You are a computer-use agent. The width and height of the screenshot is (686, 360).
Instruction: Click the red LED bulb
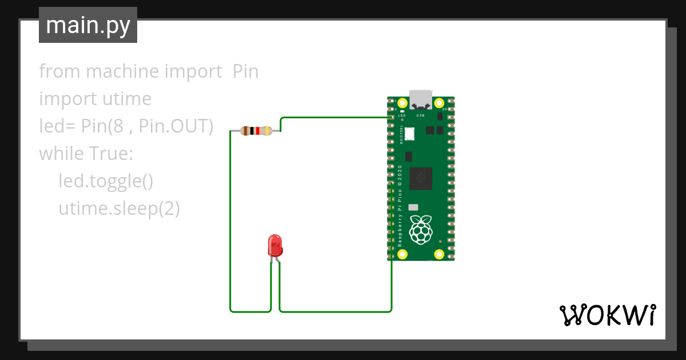click(275, 245)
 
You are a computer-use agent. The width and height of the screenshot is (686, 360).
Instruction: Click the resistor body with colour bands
click(256, 131)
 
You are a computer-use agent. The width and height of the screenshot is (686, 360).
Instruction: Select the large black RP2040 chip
click(420, 178)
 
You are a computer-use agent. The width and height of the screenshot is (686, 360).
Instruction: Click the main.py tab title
click(88, 25)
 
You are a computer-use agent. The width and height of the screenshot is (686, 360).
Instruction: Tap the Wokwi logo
click(607, 315)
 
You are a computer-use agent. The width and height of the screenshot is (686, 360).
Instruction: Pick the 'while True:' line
click(86, 154)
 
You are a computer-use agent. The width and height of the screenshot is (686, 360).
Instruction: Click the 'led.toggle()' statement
click(106, 181)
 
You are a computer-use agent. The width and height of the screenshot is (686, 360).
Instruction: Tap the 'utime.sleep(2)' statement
click(119, 209)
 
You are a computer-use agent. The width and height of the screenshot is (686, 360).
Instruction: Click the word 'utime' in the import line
click(126, 99)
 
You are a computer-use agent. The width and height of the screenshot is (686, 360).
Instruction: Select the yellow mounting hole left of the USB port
click(402, 103)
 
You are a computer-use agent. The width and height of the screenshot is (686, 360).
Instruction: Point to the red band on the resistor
click(258, 131)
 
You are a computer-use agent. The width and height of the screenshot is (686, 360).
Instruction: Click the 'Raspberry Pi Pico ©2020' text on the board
click(400, 206)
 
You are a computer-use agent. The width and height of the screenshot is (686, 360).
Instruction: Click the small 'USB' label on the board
click(420, 115)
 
